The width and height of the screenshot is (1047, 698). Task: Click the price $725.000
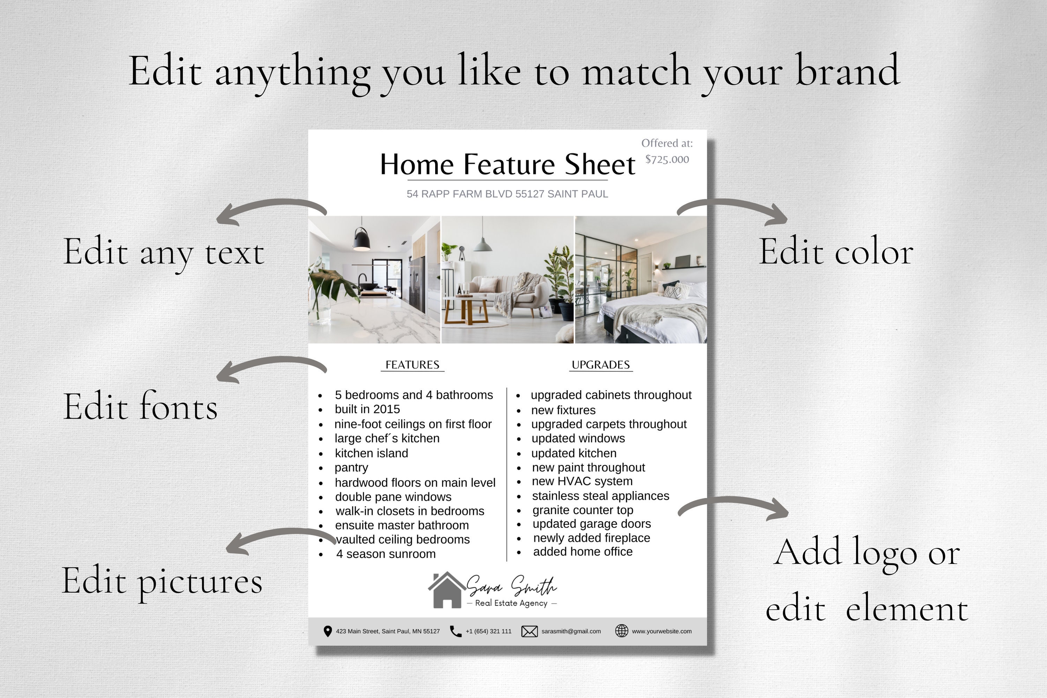tap(667, 159)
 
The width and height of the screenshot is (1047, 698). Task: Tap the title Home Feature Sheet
tap(507, 164)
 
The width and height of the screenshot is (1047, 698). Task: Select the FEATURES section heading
tap(412, 365)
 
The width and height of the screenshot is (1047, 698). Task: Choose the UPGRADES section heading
tap(601, 365)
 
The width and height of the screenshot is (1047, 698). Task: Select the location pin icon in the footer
tap(328, 631)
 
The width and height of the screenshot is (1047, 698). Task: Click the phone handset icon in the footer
tap(455, 631)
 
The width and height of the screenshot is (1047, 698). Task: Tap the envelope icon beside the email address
tap(529, 631)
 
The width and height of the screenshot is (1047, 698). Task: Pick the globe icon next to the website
tap(622, 631)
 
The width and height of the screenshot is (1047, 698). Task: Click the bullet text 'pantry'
tap(351, 467)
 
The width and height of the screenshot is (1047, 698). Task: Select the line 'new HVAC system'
tap(582, 481)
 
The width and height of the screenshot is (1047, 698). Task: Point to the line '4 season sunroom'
tap(386, 554)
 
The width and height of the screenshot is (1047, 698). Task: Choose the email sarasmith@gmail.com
tap(571, 631)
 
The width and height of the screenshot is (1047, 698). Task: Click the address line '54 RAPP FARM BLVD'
tap(507, 194)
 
